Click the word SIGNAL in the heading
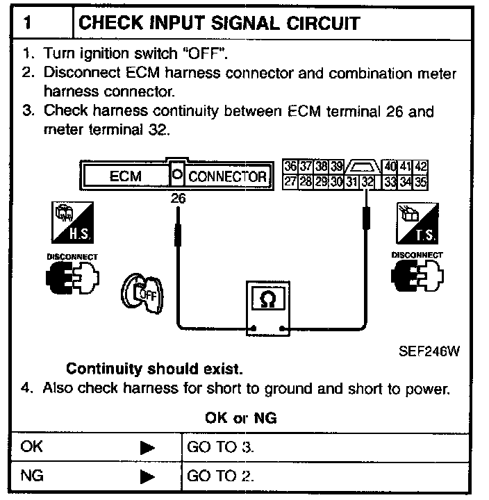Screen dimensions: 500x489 click(x=217, y=23)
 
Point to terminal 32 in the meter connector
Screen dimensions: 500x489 click(x=367, y=182)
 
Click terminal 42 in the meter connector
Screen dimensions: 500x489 click(x=421, y=167)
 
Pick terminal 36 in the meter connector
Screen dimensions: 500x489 click(x=290, y=167)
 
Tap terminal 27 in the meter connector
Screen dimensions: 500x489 click(x=290, y=182)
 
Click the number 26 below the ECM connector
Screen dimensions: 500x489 click(x=179, y=199)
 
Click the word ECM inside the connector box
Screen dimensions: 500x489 click(x=126, y=176)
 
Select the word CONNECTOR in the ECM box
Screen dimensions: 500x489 click(x=227, y=176)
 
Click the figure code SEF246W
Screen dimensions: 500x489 click(x=429, y=351)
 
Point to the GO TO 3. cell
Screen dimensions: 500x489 click(x=221, y=447)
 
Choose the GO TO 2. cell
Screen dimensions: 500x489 click(x=221, y=476)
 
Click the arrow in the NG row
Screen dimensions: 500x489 click(x=147, y=477)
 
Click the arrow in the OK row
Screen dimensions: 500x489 click(x=147, y=447)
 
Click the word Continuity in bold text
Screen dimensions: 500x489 click(x=103, y=368)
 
